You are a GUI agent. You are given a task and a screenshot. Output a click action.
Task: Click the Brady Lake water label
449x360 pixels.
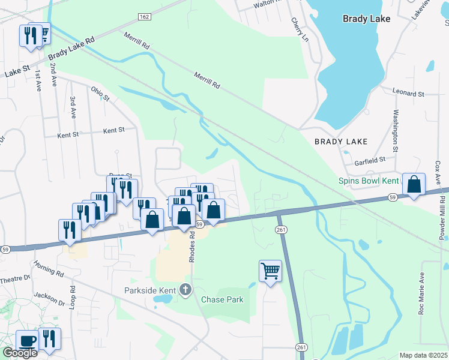(x=366, y=19)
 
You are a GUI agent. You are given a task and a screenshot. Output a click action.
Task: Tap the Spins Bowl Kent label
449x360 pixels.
(x=367, y=180)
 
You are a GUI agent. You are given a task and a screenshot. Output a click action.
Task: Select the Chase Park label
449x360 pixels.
(x=222, y=299)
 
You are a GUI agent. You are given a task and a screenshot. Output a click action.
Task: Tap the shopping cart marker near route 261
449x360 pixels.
(x=271, y=271)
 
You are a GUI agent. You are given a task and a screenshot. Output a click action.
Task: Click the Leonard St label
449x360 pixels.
(x=408, y=94)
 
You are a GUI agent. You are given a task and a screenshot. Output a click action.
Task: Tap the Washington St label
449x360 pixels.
(x=396, y=130)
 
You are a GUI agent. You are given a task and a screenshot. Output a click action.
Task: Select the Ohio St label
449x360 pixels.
(x=100, y=94)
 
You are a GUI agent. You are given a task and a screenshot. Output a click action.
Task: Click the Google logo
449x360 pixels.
(x=19, y=353)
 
